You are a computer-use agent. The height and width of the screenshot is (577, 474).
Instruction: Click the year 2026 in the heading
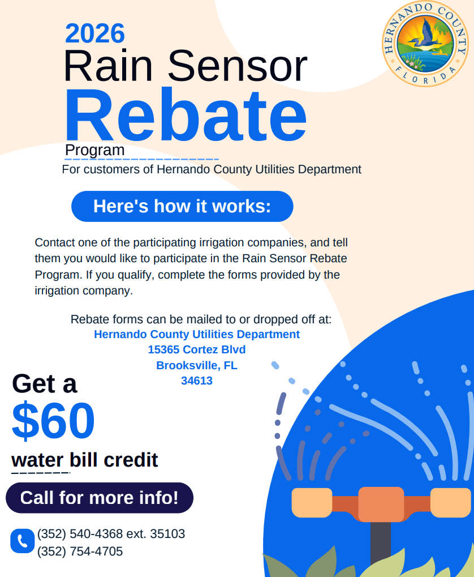coord(95,33)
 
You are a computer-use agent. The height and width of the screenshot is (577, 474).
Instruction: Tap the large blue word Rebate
coord(186,115)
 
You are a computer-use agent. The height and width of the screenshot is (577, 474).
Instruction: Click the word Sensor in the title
coord(238,66)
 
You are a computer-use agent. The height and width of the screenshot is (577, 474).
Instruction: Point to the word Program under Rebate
coord(95,150)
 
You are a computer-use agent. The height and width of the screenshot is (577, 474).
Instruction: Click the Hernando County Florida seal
coord(425,44)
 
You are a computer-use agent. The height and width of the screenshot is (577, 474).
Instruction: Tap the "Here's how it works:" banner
coord(182,207)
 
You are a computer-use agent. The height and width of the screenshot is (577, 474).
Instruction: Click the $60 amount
coord(53,421)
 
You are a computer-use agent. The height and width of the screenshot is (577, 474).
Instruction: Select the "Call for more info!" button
coord(100,498)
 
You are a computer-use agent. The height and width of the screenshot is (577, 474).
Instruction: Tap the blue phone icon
coord(23,541)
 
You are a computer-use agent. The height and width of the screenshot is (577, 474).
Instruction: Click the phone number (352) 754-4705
coord(80,552)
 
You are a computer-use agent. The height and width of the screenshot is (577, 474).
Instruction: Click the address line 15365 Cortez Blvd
coord(197,349)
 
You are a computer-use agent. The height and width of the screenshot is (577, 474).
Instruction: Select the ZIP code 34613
coord(197,381)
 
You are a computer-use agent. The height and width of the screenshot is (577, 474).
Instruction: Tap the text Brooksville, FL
coord(197,365)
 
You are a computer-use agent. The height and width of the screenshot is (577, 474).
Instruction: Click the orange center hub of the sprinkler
coord(381,504)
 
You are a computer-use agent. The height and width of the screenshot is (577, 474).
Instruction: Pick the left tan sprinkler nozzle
coord(312,503)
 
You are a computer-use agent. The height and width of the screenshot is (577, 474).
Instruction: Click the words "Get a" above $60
coord(45,384)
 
